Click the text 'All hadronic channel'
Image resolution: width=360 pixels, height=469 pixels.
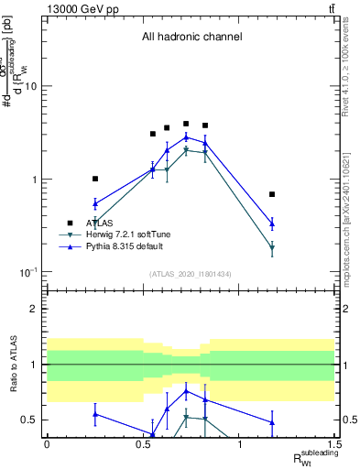(191, 38)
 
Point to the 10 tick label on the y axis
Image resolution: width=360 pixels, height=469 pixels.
(30, 86)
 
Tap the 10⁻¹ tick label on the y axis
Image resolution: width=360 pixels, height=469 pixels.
(27, 273)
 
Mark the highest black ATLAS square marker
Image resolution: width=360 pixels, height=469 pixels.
(186, 124)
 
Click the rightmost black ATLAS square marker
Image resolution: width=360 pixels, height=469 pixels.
(272, 194)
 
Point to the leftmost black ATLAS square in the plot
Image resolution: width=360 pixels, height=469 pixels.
(95, 179)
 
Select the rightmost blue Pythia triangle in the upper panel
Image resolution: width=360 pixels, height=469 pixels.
(272, 223)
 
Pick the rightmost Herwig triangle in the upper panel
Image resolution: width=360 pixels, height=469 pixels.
(272, 248)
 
